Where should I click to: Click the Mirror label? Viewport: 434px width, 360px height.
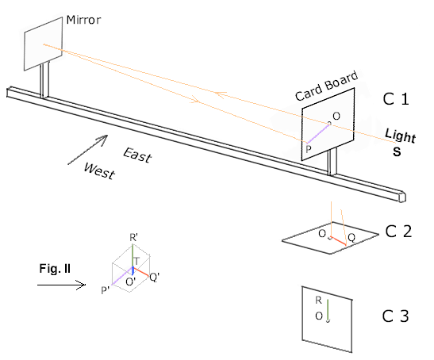coord(83,20)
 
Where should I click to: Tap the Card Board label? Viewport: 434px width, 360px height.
coord(327,86)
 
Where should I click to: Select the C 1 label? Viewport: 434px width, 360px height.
coord(396,99)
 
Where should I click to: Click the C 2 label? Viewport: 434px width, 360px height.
coord(398,232)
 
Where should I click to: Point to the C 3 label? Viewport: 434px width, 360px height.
coord(396,316)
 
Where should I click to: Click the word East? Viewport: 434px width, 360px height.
coord(137,155)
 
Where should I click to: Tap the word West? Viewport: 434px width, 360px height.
coord(100,170)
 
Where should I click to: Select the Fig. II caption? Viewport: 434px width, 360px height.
coord(55,268)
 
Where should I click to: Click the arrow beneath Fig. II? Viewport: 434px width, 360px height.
coord(61,285)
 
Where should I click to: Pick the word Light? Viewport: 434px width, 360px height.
coord(401,136)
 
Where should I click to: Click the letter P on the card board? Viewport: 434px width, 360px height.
coord(309,149)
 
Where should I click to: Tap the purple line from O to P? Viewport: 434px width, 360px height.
coord(318,134)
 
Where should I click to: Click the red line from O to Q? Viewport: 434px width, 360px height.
coord(338,241)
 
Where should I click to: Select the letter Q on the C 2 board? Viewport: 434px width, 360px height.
coord(351,238)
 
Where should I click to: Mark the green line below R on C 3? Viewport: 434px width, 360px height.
coord(328,310)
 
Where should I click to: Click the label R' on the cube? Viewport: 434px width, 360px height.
coord(133,238)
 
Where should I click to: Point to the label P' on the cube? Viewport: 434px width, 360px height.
coord(106,290)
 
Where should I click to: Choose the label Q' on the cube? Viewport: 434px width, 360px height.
coord(154,277)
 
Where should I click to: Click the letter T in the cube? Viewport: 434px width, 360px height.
coord(136,261)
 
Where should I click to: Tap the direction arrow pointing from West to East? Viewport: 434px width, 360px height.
coord(88,150)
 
